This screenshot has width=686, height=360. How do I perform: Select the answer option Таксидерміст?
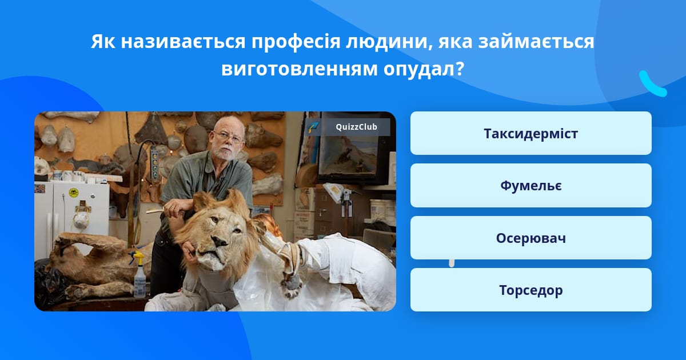(x=531, y=133)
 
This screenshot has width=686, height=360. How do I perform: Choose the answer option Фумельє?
(x=531, y=186)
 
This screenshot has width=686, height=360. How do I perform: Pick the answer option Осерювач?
(x=531, y=238)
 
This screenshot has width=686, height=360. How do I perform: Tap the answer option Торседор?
(x=531, y=290)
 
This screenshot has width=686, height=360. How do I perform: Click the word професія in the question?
(x=296, y=42)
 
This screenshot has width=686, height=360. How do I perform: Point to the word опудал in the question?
(x=423, y=69)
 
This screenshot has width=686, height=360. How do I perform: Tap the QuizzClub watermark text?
(x=356, y=127)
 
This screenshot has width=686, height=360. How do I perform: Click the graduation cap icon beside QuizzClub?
(x=314, y=127)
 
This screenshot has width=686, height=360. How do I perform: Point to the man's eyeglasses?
(x=228, y=137)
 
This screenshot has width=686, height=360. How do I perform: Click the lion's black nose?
(x=220, y=242)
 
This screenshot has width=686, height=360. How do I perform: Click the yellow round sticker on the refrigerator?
(x=74, y=193)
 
